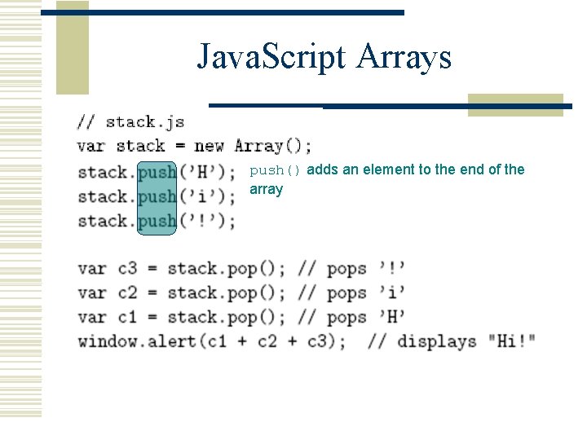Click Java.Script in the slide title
269,57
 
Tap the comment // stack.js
130,122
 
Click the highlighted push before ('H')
157,172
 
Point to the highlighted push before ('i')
157,196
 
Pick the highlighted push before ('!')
157,221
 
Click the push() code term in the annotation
275,170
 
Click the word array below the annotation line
266,189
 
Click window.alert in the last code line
137,341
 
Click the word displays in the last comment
436,341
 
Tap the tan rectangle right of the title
515,105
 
